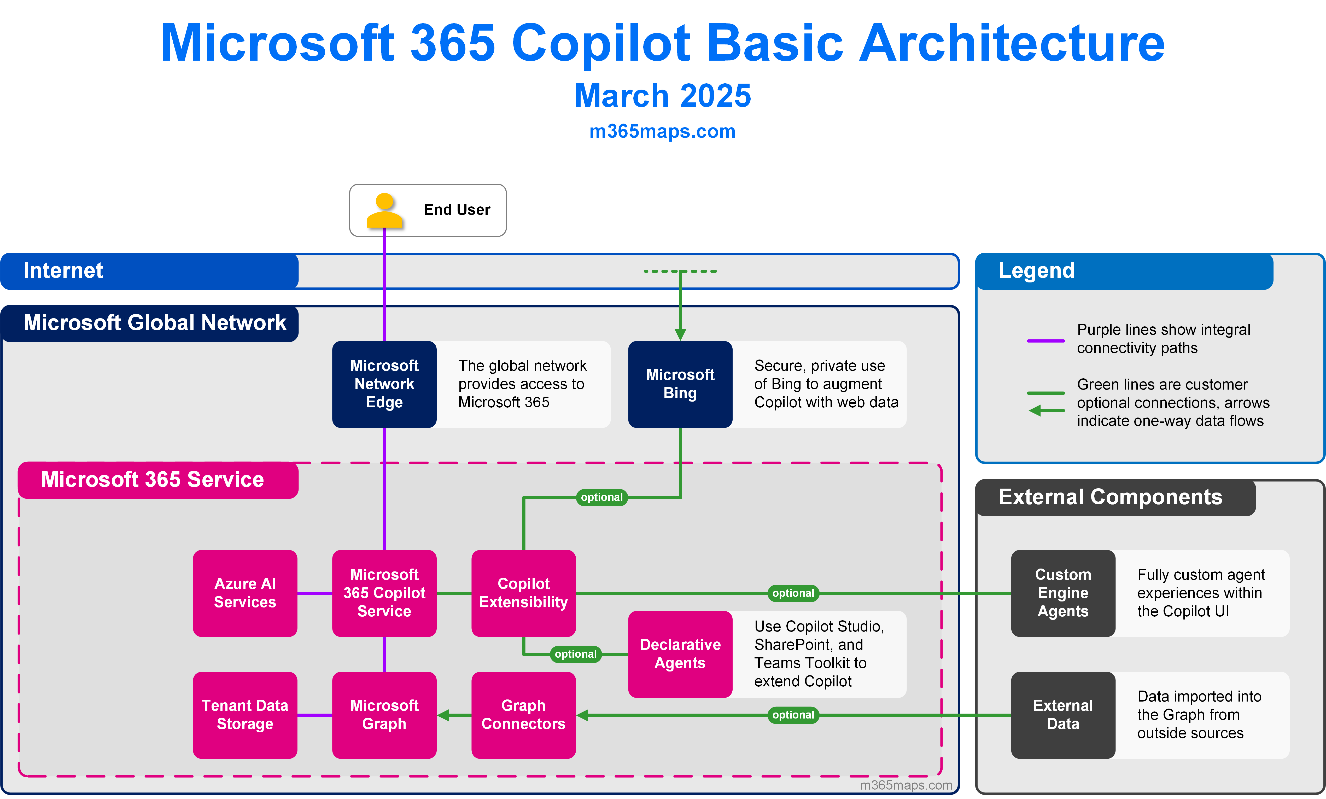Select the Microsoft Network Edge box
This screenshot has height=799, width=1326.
click(384, 384)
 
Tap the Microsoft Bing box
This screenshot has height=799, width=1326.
click(680, 384)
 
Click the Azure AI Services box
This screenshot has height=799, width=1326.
click(245, 593)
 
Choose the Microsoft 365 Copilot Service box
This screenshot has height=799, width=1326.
click(384, 593)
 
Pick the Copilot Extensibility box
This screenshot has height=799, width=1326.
click(524, 593)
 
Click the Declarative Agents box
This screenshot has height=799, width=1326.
click(680, 654)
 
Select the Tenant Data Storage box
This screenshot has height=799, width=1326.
click(245, 715)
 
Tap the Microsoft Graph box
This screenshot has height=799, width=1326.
click(384, 715)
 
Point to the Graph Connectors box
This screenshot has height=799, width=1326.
click(524, 715)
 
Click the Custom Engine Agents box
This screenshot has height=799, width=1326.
click(1063, 593)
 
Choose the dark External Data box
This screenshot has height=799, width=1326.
click(1063, 715)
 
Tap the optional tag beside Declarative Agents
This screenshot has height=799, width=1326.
click(576, 654)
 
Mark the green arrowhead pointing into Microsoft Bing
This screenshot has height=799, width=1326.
click(680, 334)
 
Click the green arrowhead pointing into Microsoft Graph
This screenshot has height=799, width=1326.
click(443, 715)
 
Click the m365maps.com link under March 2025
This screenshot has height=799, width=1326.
click(662, 131)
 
